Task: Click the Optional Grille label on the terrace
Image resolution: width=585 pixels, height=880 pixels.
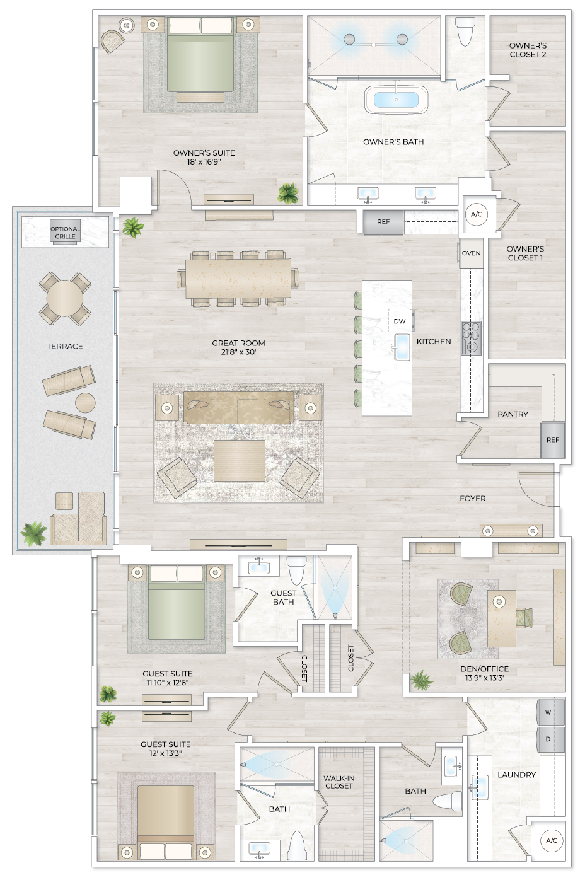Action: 65,233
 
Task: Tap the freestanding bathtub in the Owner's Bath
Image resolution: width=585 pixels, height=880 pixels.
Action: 396,100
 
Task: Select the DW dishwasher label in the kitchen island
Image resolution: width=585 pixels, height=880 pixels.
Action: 400,321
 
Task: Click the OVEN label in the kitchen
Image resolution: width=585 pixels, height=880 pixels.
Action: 471,253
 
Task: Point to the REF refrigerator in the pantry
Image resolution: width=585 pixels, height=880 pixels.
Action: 552,440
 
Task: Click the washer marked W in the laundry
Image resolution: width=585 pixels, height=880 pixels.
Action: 548,712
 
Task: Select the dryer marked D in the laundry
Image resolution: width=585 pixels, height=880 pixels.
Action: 548,739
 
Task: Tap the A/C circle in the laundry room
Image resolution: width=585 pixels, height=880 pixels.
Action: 552,840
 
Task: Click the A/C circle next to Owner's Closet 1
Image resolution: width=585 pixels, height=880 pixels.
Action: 477,214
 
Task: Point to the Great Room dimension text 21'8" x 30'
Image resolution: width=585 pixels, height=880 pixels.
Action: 238,352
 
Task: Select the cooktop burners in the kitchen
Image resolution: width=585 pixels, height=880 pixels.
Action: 471,339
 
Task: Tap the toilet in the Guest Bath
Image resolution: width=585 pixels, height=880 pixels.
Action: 296,570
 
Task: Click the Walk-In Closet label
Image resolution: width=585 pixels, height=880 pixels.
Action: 339,782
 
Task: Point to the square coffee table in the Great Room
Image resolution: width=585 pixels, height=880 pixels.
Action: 240,460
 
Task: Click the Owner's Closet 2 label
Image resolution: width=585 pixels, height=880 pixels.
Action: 528,50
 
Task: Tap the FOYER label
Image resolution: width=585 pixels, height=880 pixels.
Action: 473,499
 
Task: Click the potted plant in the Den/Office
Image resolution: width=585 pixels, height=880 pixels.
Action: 421,681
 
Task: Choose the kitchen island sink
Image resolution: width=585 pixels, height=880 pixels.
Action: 402,346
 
